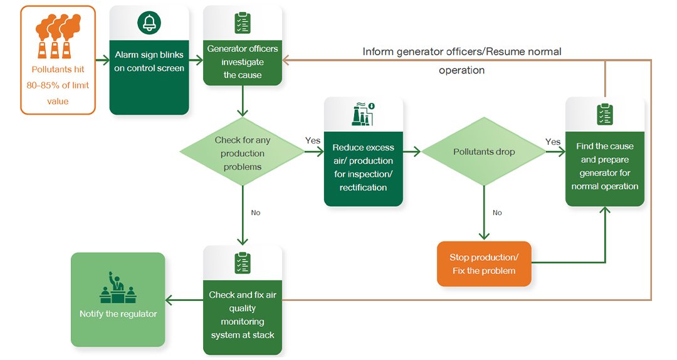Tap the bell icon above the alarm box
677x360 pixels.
click(x=149, y=24)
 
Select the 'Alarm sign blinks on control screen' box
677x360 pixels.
click(x=149, y=61)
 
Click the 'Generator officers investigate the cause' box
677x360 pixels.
click(x=243, y=61)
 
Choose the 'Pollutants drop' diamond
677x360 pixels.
click(x=483, y=152)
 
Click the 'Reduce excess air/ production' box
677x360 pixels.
click(x=363, y=167)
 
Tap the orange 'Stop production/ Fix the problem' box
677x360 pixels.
click(x=484, y=264)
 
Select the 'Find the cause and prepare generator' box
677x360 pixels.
click(x=604, y=166)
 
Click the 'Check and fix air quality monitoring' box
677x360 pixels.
click(x=243, y=315)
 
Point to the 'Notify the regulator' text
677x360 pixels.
click(x=118, y=314)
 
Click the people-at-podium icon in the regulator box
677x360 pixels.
click(x=118, y=287)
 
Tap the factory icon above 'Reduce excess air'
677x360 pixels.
click(x=363, y=114)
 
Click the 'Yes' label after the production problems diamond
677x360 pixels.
click(x=313, y=140)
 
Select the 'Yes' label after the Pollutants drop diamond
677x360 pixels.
click(x=553, y=142)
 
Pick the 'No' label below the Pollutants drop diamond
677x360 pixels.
click(x=497, y=213)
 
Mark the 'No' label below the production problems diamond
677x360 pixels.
click(x=256, y=213)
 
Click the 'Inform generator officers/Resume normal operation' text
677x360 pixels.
click(x=462, y=60)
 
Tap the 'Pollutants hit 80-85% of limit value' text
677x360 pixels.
click(x=60, y=85)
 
